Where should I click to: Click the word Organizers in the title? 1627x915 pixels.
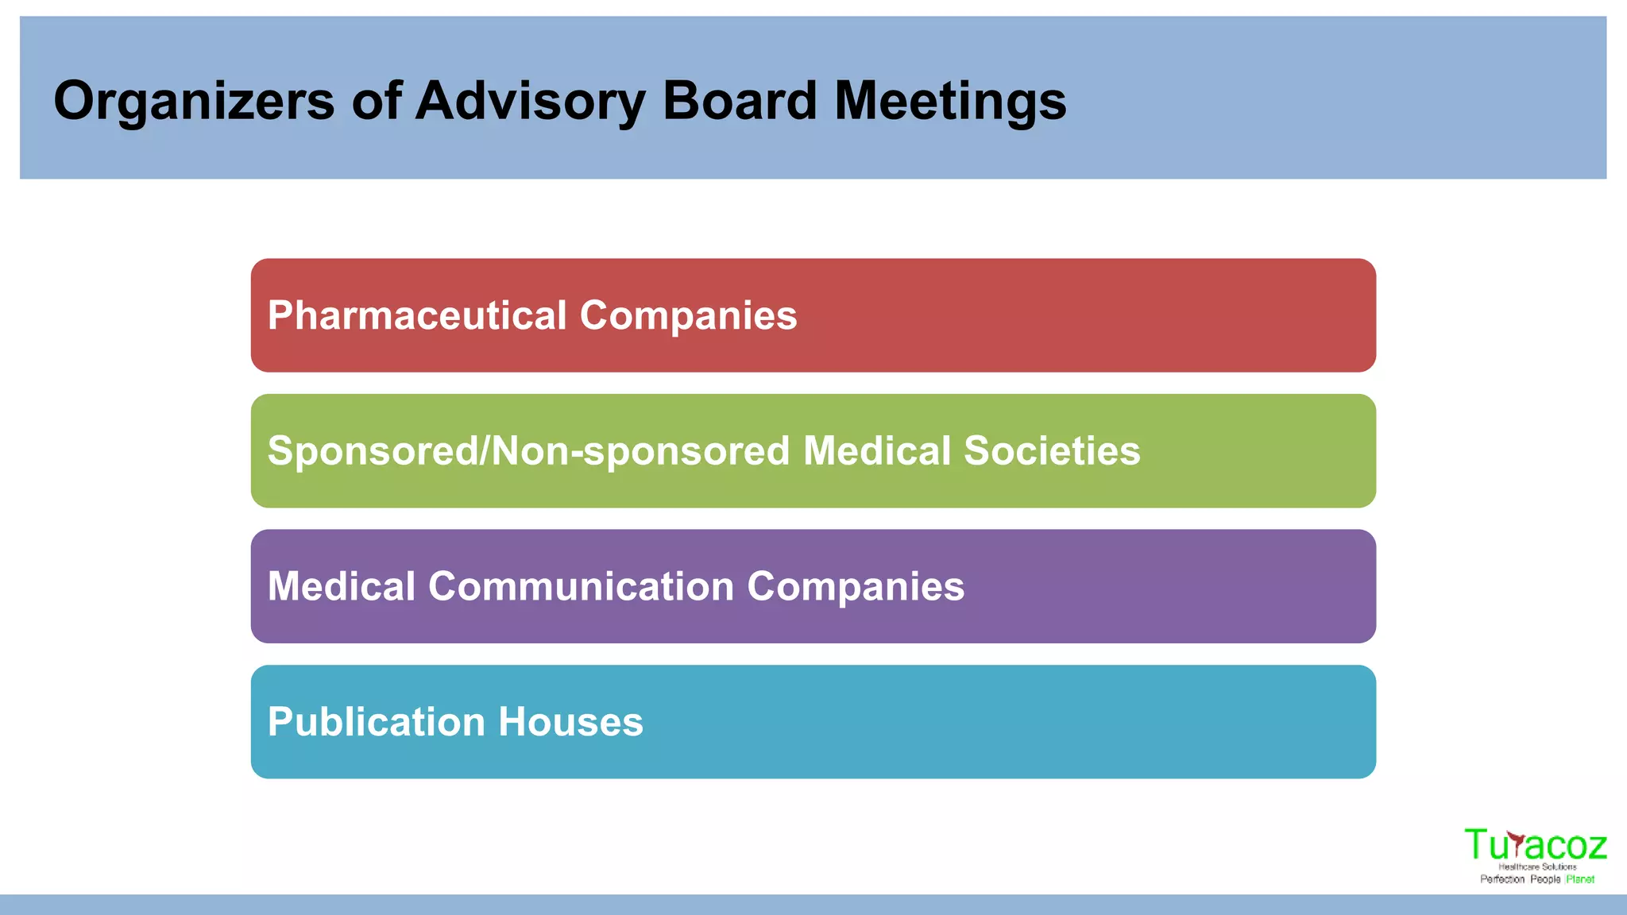pos(194,101)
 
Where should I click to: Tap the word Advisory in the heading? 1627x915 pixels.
pos(530,101)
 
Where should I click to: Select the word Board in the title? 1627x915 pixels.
pos(740,101)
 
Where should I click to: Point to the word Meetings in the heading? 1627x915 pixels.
pos(950,101)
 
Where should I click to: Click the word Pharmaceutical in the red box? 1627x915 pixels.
pos(417,315)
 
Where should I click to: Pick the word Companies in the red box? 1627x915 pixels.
pos(688,315)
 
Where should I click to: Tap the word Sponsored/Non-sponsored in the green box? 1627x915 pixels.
pos(528,451)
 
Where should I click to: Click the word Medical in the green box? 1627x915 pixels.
pos(877,451)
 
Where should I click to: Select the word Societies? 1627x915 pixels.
pos(1052,451)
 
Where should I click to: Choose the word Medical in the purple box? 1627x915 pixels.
pos(342,586)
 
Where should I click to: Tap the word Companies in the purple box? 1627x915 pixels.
pos(856,586)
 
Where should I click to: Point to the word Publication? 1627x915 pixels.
pos(377,722)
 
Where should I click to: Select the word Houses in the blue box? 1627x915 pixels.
pos(570,722)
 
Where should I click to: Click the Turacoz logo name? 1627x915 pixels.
pos(1535,845)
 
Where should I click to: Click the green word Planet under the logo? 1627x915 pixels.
pos(1580,879)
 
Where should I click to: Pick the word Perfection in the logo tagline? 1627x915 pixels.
pos(1502,879)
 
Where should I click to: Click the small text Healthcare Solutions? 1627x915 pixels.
pos(1537,867)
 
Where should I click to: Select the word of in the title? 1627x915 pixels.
pos(376,101)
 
